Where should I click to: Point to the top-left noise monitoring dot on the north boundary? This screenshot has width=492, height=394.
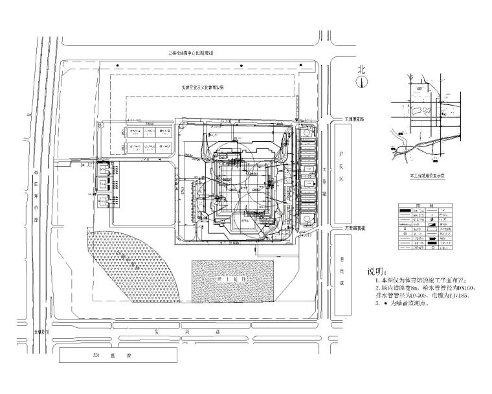[117, 66]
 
